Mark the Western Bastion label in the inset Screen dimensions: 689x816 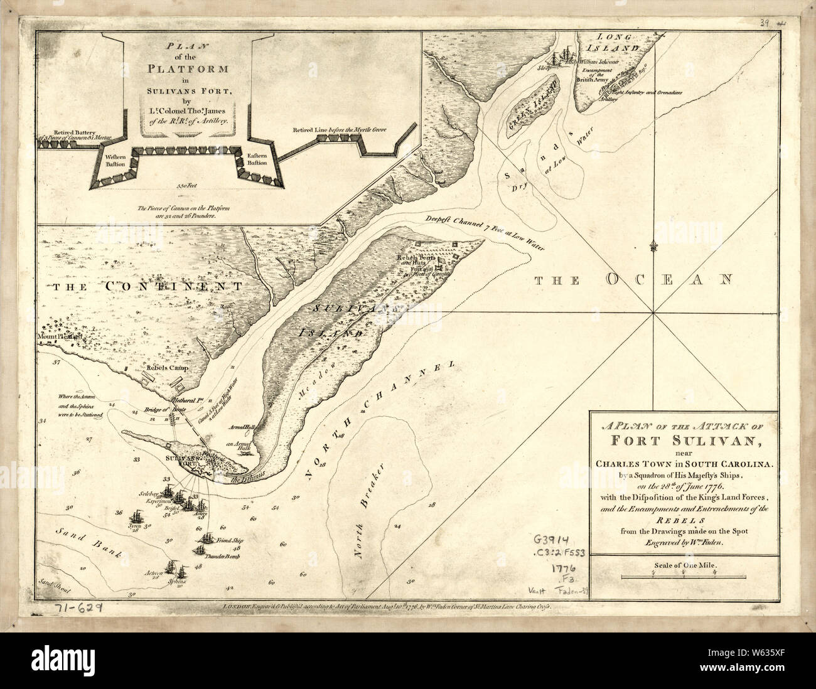click(116, 159)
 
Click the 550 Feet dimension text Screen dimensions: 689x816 click(186, 186)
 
